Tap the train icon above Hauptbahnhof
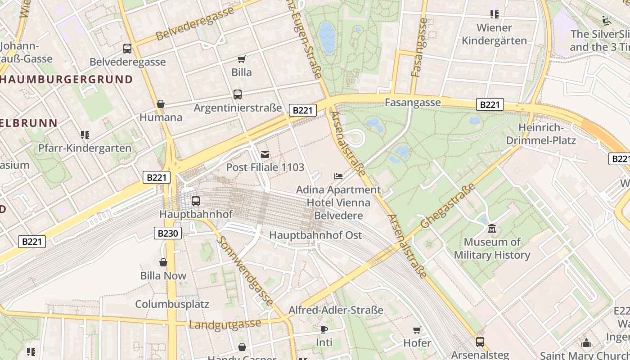point(195,201)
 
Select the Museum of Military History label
point(492,248)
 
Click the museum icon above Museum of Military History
point(492,229)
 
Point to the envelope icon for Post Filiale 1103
point(265,155)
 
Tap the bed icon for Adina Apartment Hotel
point(338,176)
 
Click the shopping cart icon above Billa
point(242,59)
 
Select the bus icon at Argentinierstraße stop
point(238,94)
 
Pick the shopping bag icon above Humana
point(161,104)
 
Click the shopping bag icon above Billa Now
point(163,262)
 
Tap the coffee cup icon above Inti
point(324,329)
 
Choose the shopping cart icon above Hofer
point(417,330)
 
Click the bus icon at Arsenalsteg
point(480,342)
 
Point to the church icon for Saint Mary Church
point(586,343)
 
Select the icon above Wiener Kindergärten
point(495,14)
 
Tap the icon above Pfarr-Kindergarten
point(85,135)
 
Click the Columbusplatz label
point(172,304)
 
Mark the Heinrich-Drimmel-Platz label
point(541,134)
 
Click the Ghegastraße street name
point(448,206)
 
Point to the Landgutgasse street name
point(225,324)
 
